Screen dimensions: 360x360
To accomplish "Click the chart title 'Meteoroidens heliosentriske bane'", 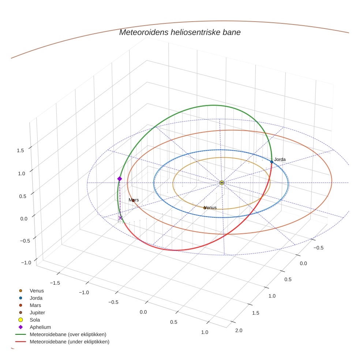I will (180, 32).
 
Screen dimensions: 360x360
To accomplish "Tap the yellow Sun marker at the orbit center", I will (222, 183).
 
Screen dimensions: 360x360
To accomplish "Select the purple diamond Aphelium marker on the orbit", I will (119, 179).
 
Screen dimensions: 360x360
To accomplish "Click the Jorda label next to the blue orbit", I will (280, 159).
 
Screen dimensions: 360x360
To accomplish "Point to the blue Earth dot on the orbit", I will (272, 162).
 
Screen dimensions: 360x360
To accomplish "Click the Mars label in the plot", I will (134, 200).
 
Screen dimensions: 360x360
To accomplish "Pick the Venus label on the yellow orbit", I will (210, 207).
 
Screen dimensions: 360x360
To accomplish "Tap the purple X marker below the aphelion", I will (120, 218).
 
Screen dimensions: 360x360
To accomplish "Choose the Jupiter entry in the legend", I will (37, 312).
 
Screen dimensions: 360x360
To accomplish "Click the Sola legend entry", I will (35, 320).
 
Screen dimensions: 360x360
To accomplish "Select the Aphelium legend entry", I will (40, 327).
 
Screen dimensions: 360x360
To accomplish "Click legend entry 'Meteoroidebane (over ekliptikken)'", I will (68, 334).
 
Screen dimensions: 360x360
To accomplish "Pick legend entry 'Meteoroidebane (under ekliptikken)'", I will (69, 342).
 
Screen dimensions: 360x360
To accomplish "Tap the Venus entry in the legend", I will (37, 291).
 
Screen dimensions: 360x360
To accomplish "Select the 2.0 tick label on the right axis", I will (239, 330).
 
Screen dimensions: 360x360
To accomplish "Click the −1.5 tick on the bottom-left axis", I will (55, 283).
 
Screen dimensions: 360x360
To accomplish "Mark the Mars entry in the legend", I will (35, 305).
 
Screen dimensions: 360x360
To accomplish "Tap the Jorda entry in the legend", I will (36, 298).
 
